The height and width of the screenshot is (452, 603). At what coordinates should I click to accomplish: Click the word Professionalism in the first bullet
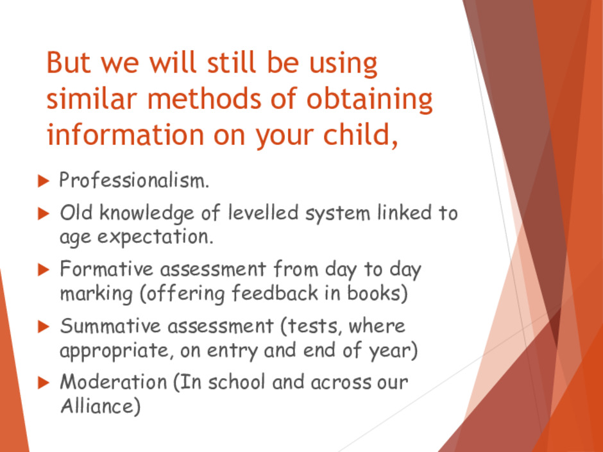(x=134, y=180)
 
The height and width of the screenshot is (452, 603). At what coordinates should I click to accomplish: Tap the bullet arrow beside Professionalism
(x=44, y=181)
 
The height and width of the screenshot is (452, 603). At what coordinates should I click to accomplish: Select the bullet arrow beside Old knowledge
(x=44, y=213)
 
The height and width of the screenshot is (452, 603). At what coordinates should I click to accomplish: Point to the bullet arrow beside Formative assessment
(x=44, y=270)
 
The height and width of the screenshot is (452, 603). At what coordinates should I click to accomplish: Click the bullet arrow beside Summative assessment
(x=44, y=327)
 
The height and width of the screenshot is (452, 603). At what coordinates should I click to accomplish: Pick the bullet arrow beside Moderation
(x=44, y=383)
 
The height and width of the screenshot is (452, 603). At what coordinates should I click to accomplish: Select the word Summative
(x=110, y=326)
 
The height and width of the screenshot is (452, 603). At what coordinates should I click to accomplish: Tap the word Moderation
(x=114, y=381)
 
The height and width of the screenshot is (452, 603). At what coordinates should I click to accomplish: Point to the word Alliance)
(x=100, y=406)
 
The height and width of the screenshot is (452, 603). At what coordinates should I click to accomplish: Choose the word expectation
(x=155, y=237)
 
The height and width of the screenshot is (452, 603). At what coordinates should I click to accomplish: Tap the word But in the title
(x=69, y=62)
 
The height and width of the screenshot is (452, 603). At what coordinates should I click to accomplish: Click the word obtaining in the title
(x=369, y=99)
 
